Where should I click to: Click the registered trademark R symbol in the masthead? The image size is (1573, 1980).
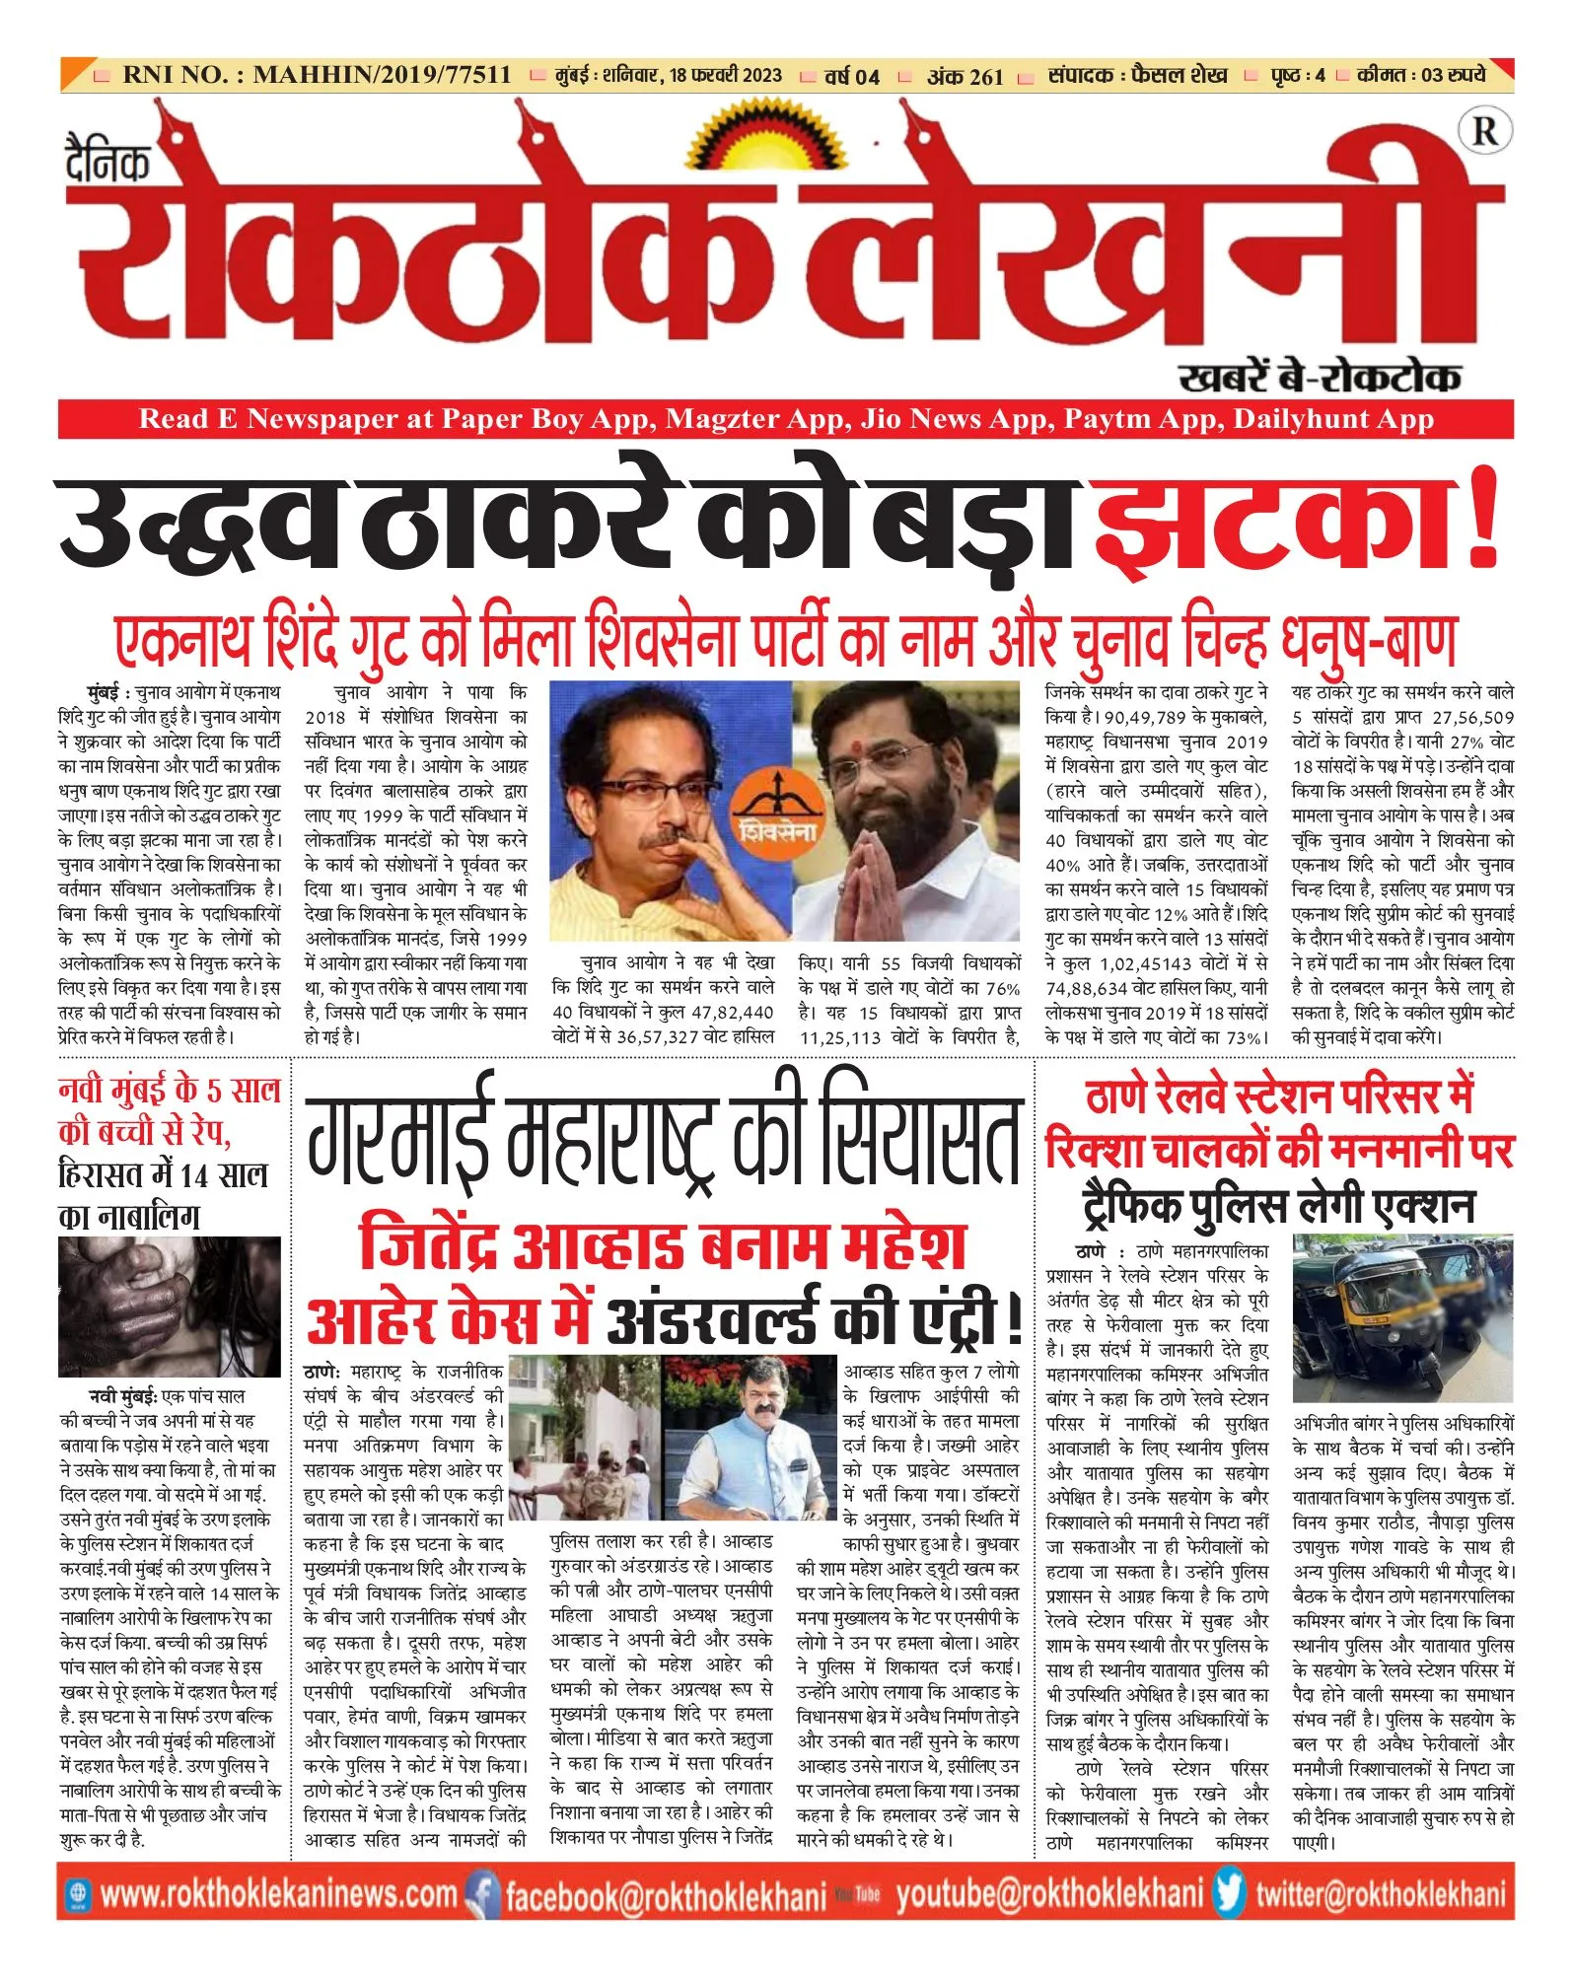(1484, 131)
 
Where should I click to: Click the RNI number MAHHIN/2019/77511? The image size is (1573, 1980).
(382, 75)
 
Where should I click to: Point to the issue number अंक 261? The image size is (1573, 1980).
(965, 76)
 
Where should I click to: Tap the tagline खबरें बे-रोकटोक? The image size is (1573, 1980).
(1319, 376)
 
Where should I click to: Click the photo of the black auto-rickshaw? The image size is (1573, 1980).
(1402, 1316)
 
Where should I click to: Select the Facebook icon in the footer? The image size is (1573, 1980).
(483, 1893)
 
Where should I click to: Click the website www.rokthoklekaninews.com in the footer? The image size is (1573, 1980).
(278, 1893)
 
